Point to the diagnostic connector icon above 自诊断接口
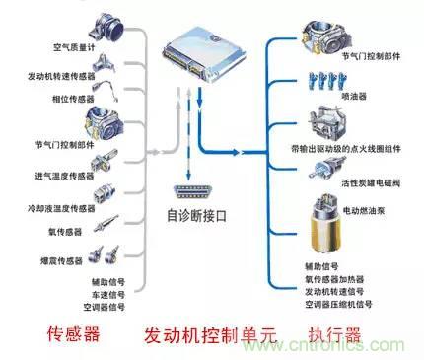point(191,192)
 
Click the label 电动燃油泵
point(367,210)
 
